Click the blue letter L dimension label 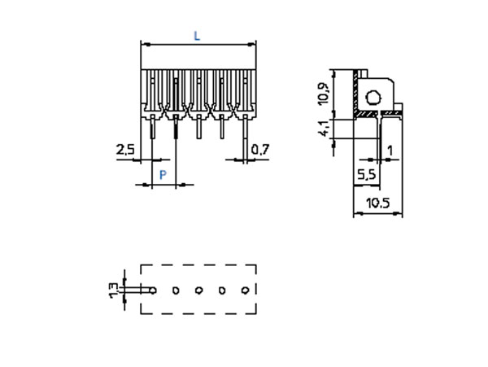point(197,35)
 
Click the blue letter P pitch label point(163,175)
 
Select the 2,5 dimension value point(125,149)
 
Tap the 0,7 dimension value point(260,149)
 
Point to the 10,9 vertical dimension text point(323,94)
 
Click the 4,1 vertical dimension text point(323,129)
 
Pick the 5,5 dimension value point(366,174)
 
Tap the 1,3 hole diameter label point(113,290)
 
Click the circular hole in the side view point(373,99)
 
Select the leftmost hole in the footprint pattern point(152,290)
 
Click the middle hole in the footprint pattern point(198,290)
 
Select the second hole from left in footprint point(176,290)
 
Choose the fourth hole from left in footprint point(221,290)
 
